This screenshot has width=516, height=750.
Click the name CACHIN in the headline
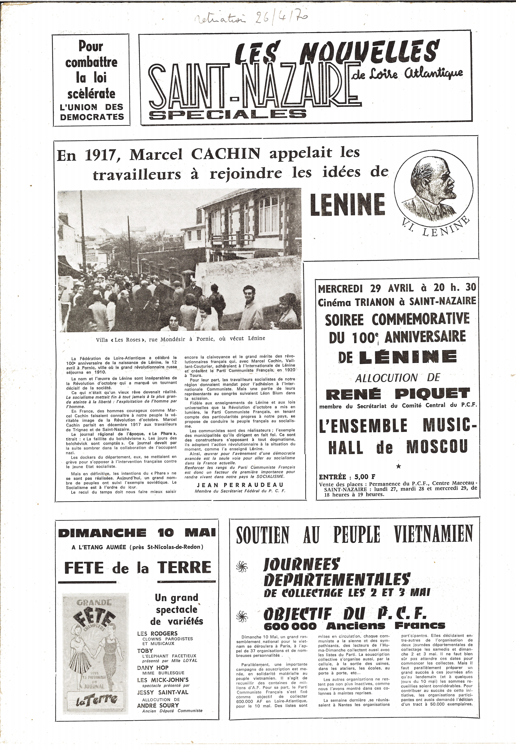pyautogui.click(x=226, y=154)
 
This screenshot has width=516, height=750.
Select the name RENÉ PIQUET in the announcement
pyautogui.click(x=398, y=394)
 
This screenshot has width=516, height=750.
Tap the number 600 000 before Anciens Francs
pyautogui.click(x=290, y=626)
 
